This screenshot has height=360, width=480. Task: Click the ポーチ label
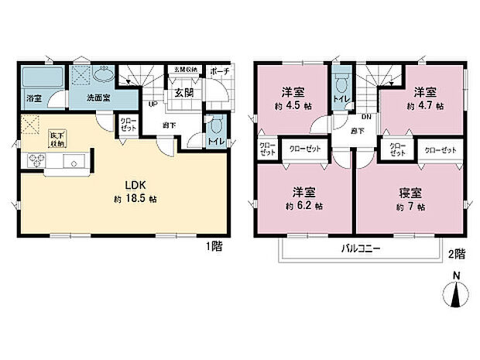click(218, 70)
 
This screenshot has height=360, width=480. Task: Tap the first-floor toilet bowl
click(217, 126)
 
